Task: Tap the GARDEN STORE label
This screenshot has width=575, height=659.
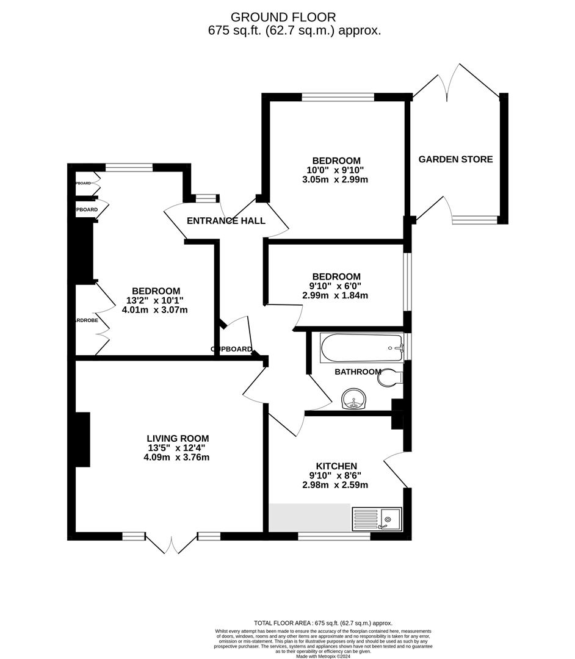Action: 455,159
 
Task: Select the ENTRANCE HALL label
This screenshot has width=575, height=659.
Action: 226,221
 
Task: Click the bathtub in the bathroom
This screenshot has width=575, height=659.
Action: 361,348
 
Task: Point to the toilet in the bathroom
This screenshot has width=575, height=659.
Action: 389,378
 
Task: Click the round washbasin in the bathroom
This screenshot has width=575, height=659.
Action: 353,400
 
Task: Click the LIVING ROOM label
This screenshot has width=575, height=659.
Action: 178,438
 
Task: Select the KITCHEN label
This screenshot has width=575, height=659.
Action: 333,466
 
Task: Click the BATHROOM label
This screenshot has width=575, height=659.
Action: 358,372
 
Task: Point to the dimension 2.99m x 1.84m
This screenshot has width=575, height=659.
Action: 335,295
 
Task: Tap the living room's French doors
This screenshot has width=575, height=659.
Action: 172,543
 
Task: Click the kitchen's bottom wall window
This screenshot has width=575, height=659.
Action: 333,536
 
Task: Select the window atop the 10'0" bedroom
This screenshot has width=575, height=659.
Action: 338,96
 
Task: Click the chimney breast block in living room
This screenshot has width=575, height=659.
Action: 82,439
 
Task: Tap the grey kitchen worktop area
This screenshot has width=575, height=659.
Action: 309,517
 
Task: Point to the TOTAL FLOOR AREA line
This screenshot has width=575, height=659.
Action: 323,623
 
